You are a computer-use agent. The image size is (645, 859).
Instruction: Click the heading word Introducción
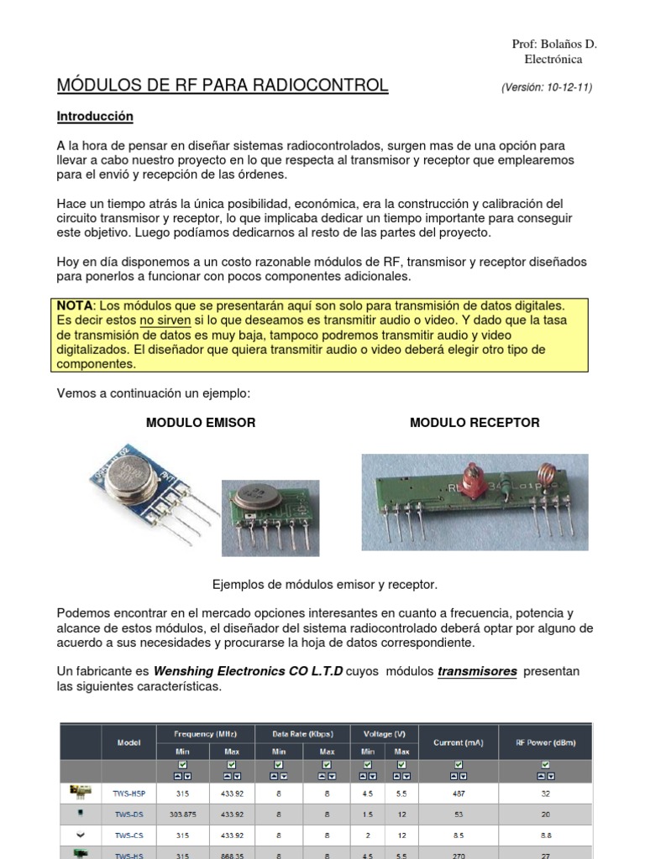click(x=95, y=116)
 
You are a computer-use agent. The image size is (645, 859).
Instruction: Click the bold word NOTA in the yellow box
click(x=74, y=305)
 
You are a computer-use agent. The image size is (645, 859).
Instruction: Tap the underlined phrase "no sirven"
click(x=165, y=320)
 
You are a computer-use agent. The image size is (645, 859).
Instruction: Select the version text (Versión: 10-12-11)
click(x=546, y=87)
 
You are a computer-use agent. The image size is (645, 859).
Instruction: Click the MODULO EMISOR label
click(x=201, y=423)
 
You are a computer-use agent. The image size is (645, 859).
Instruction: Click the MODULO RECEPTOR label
click(x=475, y=423)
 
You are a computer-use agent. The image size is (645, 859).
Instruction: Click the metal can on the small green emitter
click(x=255, y=497)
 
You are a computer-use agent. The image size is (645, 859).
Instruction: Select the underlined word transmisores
click(x=477, y=672)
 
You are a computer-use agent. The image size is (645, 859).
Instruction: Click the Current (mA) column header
click(x=458, y=742)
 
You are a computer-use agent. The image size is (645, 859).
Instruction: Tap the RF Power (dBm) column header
click(x=545, y=742)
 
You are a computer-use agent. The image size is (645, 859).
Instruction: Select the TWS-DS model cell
click(x=128, y=814)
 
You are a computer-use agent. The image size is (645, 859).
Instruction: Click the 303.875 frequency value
click(x=182, y=814)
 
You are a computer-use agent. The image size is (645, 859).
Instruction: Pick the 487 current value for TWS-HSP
click(x=458, y=792)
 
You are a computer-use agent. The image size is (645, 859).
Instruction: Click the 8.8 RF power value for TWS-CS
click(x=545, y=836)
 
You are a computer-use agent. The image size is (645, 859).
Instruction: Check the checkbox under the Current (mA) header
click(x=458, y=765)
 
